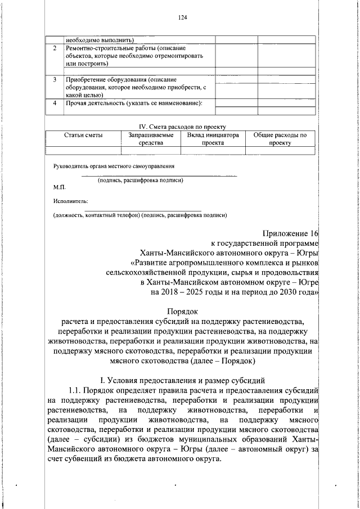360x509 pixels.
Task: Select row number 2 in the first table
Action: (x=55, y=49)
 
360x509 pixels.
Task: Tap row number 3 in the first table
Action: (x=55, y=80)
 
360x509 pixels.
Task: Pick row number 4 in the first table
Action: (x=55, y=103)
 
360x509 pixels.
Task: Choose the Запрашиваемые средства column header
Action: (x=150, y=139)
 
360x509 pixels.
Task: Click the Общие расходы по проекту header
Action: (x=280, y=139)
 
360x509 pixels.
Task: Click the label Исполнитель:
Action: (x=70, y=201)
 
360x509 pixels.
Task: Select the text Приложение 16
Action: (x=290, y=233)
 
